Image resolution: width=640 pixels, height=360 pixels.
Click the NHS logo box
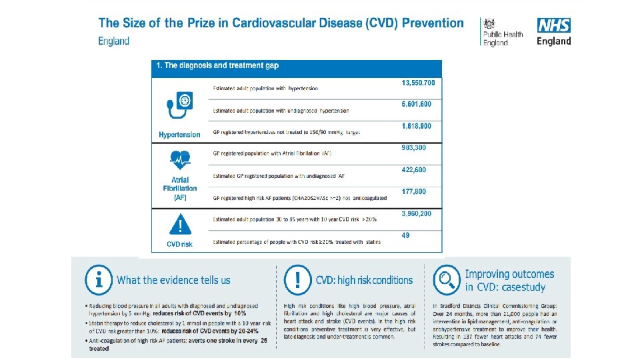[554, 26]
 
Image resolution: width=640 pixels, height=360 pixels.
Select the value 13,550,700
[418, 83]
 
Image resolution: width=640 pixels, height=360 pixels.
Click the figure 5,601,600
[417, 104]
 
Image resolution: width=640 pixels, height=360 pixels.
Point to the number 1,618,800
[417, 126]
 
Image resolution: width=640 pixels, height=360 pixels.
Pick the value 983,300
[414, 147]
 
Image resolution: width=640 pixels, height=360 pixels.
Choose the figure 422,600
[414, 169]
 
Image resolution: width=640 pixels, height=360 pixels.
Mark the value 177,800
[414, 191]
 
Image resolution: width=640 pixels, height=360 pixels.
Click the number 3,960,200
[417, 213]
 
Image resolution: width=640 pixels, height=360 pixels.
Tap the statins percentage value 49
[406, 235]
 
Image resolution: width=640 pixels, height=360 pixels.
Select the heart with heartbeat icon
[179, 160]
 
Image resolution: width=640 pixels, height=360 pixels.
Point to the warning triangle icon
[179, 225]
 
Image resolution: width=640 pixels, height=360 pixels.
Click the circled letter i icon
[98, 280]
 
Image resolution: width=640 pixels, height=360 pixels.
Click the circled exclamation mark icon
[297, 280]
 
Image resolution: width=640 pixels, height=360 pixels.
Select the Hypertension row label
[179, 135]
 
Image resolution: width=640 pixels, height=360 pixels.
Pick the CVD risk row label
[179, 244]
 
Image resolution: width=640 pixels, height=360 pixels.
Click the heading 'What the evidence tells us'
[173, 280]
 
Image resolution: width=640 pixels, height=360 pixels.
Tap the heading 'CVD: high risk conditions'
[364, 280]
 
